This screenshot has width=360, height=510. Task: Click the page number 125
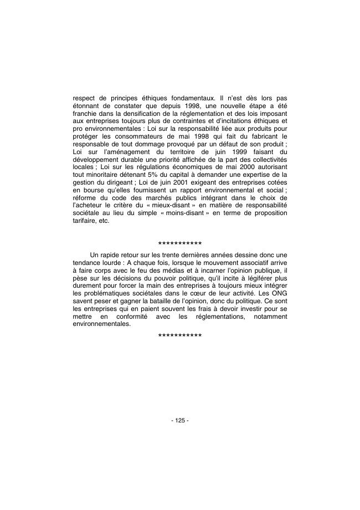click(180, 420)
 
